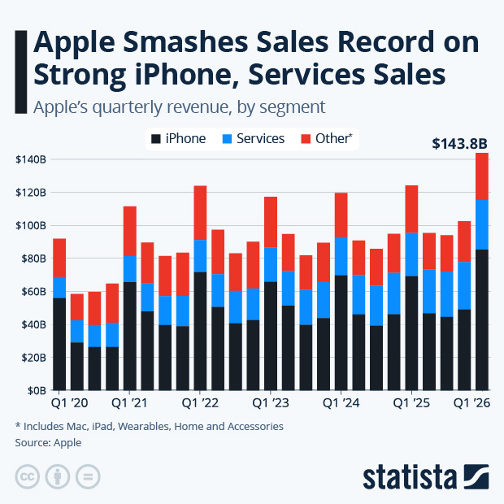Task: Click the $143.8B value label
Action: [x=458, y=145]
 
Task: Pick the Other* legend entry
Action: [x=327, y=138]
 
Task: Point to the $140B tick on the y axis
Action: [x=31, y=159]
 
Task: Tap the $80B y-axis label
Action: [x=31, y=259]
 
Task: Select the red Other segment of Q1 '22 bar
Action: [x=200, y=213]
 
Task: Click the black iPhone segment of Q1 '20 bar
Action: [x=59, y=344]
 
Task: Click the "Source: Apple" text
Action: [x=48, y=443]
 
